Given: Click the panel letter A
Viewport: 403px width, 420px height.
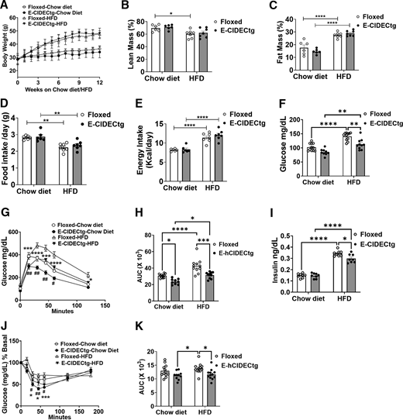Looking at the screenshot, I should (x=6, y=7).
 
